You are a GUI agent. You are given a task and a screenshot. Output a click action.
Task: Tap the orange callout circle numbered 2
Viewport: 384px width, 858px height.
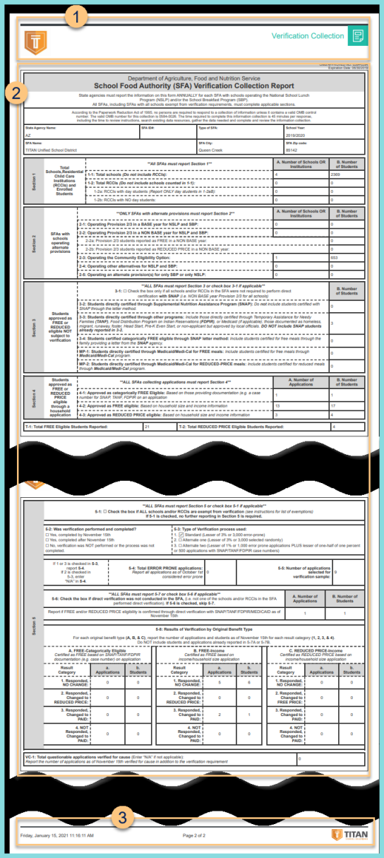click(x=16, y=93)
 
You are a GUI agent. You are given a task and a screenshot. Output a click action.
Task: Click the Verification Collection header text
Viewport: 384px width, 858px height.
click(x=308, y=36)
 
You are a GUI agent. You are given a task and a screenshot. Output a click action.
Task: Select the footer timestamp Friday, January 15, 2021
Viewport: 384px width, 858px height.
click(x=54, y=835)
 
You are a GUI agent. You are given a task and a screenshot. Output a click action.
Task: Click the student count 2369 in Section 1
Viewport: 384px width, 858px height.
click(x=336, y=174)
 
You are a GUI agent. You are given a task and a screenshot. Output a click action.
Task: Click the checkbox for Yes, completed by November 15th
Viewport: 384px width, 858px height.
click(x=28, y=535)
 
